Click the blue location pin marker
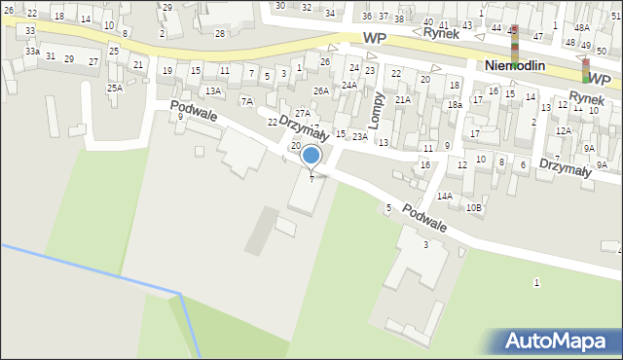tap(311, 156)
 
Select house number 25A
tap(115, 89)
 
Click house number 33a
tap(33, 51)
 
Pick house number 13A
tap(212, 90)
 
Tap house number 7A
tap(247, 101)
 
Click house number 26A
tap(320, 90)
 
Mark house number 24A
tap(348, 86)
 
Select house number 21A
tap(402, 99)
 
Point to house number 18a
tap(455, 104)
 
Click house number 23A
tap(360, 137)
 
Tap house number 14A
tap(445, 196)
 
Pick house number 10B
tap(473, 207)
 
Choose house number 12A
tap(563, 130)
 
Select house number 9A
tap(589, 148)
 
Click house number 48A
tap(581, 27)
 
